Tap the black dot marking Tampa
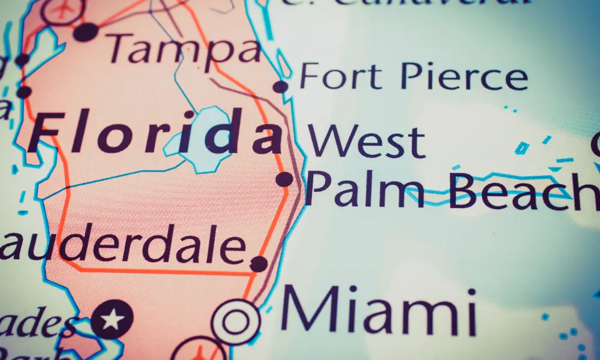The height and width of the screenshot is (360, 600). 86,32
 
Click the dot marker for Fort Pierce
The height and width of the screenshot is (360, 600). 280,87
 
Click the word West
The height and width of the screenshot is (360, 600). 367,141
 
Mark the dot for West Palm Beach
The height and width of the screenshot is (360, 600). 284,179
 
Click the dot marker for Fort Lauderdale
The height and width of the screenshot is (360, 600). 259,263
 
